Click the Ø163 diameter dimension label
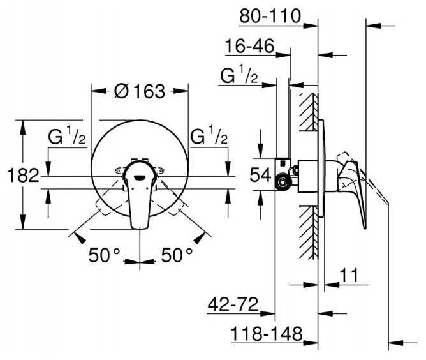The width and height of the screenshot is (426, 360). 140,91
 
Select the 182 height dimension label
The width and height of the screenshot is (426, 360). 24,176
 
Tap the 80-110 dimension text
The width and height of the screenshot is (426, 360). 270,16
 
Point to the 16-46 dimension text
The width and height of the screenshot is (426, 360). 250,46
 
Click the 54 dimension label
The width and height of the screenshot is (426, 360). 260,174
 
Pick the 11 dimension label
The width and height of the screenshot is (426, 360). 349,276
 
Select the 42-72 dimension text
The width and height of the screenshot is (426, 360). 233,304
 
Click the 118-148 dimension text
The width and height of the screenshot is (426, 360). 267,334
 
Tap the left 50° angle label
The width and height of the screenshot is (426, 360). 105,255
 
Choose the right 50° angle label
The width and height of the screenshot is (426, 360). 177,255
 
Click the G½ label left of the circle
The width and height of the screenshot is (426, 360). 67,135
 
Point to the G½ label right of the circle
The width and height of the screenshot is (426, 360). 209,135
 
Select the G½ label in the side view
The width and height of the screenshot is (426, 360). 239,74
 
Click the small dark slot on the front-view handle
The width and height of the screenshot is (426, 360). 140,177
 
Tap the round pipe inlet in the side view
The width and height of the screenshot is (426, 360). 283,183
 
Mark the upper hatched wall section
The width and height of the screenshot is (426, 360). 309,112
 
